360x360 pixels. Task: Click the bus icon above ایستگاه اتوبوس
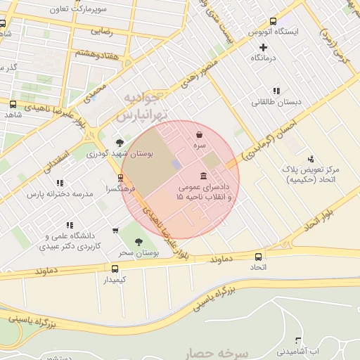tap(273, 21)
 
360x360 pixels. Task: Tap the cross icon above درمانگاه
tap(264, 46)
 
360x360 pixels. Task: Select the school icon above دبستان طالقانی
tap(276, 90)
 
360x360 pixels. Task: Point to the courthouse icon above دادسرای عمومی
tap(203, 175)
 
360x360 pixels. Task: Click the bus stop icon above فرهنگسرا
tap(121, 178)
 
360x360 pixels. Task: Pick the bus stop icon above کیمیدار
tap(115, 268)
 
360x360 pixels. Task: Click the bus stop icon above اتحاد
tap(258, 257)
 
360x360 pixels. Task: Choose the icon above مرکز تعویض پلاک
tap(311, 159)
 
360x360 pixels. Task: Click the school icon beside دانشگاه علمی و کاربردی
tap(115, 229)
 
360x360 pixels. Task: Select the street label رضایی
tap(102, 32)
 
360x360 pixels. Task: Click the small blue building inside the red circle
tap(176, 163)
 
